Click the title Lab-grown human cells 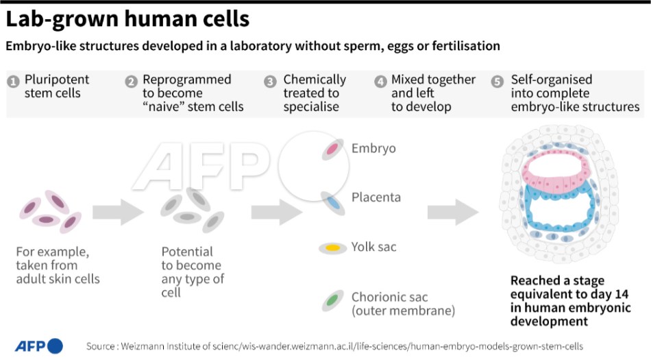[x=127, y=19]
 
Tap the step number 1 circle [x=12, y=81]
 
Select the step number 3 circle [x=271, y=81]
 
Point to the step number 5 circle [x=498, y=81]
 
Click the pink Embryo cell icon [x=332, y=149]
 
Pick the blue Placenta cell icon [x=332, y=200]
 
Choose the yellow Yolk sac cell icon [x=332, y=248]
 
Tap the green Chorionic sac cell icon [x=332, y=300]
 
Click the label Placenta [x=376, y=197]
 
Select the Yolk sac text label [x=373, y=247]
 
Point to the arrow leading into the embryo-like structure [x=453, y=212]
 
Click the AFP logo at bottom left [x=38, y=346]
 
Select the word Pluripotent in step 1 [x=57, y=80]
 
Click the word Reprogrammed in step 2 [x=186, y=80]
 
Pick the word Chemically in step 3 [x=315, y=80]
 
